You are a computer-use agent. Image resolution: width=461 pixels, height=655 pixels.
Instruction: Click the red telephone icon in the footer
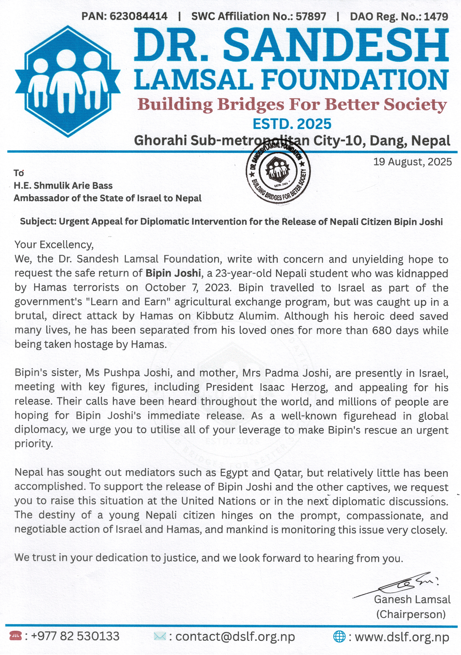[15, 636]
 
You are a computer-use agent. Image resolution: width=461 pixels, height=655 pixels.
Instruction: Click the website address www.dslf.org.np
[402, 637]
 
